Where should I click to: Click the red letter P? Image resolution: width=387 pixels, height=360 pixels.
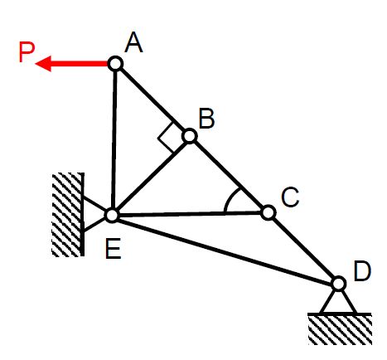[x=27, y=52]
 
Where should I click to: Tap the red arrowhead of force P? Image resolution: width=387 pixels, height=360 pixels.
[x=44, y=64]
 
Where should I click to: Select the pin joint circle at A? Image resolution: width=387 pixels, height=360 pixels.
[x=115, y=64]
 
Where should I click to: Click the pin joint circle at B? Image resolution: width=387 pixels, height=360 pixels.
[x=190, y=136]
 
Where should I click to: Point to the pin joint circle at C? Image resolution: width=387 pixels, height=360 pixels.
[x=268, y=212]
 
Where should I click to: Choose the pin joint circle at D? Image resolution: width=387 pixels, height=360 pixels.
[x=338, y=284]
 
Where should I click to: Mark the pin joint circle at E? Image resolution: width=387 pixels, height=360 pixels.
[x=112, y=216]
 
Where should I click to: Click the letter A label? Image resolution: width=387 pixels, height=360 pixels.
[x=134, y=42]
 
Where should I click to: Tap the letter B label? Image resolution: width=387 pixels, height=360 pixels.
[x=206, y=119]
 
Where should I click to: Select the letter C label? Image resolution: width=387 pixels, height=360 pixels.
[x=290, y=197]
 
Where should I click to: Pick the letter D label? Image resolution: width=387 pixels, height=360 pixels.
[x=362, y=271]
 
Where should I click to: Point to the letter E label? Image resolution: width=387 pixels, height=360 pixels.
[x=114, y=249]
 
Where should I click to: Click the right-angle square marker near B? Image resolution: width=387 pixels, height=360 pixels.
[x=167, y=138]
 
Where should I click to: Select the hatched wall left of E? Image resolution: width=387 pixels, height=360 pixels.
[x=68, y=215]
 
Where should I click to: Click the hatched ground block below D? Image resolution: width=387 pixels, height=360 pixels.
[x=340, y=329]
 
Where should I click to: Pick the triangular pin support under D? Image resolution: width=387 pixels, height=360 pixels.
[x=338, y=302]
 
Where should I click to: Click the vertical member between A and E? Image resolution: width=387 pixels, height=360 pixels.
[x=114, y=139]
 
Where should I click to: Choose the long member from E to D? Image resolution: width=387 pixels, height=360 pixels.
[x=225, y=250]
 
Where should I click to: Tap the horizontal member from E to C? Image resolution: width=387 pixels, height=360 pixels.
[x=190, y=214]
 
